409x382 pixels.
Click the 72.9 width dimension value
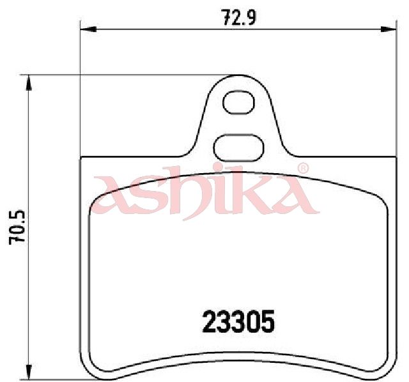238,18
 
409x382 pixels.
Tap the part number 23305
238,321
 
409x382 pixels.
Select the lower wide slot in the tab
238,148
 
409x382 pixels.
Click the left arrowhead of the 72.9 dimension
88,29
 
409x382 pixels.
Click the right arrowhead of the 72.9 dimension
388,29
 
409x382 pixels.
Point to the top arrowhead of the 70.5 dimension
28,83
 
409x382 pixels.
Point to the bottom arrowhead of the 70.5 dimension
28,372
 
